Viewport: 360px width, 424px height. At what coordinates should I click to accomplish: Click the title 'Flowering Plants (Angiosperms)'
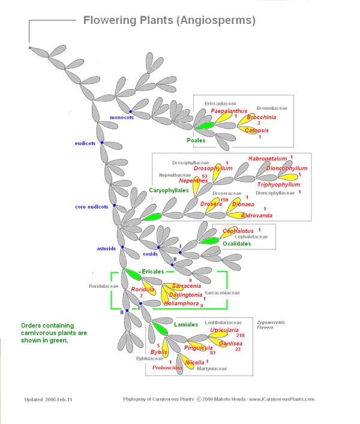pyautogui.click(x=169, y=20)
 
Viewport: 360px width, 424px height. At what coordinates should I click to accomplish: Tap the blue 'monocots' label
pyautogui.click(x=122, y=118)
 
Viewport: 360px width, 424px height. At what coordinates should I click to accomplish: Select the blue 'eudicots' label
pyautogui.click(x=85, y=143)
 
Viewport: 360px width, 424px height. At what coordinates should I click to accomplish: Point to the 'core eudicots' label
pyautogui.click(x=91, y=207)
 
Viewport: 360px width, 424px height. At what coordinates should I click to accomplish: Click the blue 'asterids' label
pyautogui.click(x=106, y=248)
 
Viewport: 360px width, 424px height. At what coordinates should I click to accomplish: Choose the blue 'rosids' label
pyautogui.click(x=150, y=254)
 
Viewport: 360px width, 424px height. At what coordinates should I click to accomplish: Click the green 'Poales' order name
pyautogui.click(x=196, y=140)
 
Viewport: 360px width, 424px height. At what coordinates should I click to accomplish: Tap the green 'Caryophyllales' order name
pyautogui.click(x=169, y=190)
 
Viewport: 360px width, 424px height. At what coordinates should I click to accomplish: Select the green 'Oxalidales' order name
pyautogui.click(x=236, y=243)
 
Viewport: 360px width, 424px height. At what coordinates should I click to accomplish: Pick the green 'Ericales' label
pyautogui.click(x=153, y=272)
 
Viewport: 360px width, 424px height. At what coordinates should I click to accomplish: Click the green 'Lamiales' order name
pyautogui.click(x=186, y=324)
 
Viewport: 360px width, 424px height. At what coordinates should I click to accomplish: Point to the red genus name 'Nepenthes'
pyautogui.click(x=193, y=181)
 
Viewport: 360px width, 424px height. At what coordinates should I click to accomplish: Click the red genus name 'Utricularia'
pyautogui.click(x=224, y=330)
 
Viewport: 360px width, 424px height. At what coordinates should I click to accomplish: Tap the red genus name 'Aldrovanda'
pyautogui.click(x=256, y=215)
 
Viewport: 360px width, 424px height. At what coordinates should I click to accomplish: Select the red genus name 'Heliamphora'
pyautogui.click(x=181, y=303)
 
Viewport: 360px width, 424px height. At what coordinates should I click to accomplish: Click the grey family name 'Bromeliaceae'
pyautogui.click(x=272, y=108)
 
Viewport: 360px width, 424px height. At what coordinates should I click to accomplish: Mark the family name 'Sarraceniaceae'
pyautogui.click(x=222, y=293)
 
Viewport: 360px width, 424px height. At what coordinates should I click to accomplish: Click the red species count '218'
pyautogui.click(x=240, y=335)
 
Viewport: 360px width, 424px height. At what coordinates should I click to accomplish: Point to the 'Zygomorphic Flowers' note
pyautogui.click(x=271, y=325)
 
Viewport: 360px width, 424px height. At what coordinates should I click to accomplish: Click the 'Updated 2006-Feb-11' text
pyautogui.click(x=49, y=399)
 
